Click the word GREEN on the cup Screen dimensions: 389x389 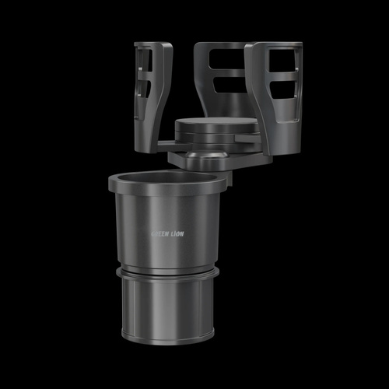[x=160, y=234]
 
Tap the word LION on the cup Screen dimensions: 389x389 [x=177, y=234]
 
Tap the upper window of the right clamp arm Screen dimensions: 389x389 [x=283, y=60]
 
